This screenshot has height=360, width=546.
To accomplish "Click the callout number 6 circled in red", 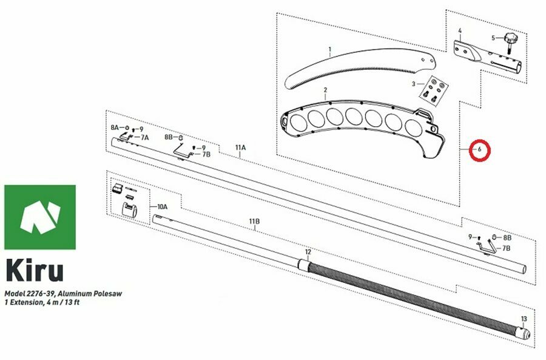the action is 479,150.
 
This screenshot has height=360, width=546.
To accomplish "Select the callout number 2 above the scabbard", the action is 325,90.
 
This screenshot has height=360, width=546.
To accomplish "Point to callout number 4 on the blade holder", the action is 460,31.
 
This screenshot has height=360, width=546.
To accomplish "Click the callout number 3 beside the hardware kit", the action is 413,84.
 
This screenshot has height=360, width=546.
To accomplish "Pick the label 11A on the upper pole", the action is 241,148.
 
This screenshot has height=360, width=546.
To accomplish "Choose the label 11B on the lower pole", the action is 254,222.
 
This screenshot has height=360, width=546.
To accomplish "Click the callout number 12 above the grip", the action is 308,252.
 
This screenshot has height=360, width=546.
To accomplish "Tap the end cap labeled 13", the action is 524,333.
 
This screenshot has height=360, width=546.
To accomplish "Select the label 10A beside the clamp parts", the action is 162,206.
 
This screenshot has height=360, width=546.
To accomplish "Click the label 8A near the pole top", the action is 115,127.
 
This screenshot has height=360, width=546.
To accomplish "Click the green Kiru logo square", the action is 40,217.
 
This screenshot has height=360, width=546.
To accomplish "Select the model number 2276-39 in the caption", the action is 39,293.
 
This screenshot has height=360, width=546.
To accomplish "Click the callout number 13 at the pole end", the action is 524,319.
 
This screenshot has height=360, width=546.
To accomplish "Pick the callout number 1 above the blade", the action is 330,50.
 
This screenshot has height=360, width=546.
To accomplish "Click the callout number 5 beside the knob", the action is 493,38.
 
